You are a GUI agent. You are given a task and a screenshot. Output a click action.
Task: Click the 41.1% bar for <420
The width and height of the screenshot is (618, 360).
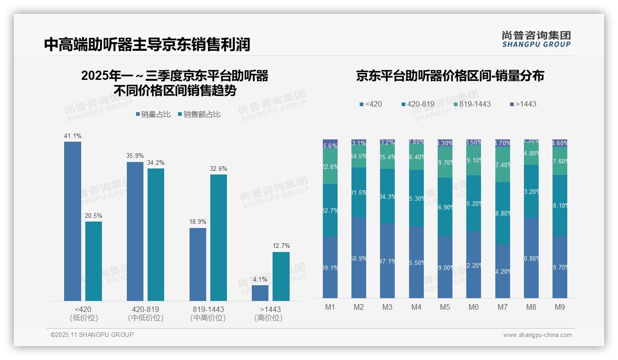72,221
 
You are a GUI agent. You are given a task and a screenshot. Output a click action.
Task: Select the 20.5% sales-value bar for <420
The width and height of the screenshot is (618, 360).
94,261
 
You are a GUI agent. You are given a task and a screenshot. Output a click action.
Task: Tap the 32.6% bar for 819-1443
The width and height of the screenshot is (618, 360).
219,238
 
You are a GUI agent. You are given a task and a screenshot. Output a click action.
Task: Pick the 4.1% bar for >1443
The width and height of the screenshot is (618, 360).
260,293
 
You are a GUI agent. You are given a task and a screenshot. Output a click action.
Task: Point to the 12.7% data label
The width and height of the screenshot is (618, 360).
281,246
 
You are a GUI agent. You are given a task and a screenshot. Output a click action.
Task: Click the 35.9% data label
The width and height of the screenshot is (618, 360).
135,156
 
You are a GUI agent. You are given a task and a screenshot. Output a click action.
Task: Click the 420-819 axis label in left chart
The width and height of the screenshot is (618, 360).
145,309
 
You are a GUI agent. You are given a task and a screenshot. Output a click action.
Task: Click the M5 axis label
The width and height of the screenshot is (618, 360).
445,307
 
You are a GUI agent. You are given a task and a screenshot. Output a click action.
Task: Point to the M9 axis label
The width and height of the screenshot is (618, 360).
559,307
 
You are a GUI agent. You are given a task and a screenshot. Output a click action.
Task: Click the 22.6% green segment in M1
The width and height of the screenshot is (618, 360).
330,167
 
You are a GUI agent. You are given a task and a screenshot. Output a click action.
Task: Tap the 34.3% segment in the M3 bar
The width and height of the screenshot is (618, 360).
387,196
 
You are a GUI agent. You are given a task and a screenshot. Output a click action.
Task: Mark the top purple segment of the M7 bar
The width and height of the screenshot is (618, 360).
502,143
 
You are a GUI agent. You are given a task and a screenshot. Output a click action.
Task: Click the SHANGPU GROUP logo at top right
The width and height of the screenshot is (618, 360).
536,39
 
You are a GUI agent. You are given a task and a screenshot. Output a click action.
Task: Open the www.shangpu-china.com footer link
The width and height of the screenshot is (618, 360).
537,335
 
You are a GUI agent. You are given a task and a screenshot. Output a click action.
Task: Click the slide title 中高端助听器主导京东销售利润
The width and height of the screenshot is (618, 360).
147,45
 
